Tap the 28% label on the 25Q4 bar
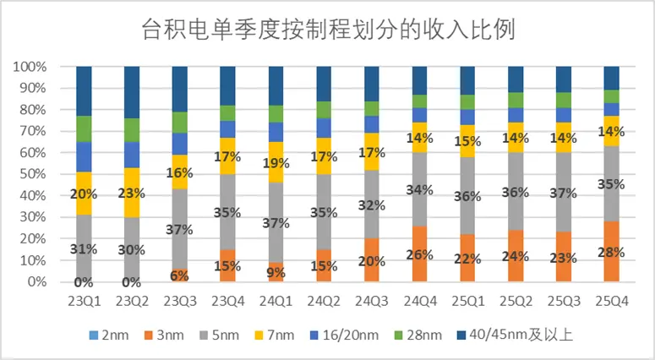611,252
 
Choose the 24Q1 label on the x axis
275,302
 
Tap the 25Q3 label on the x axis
563,302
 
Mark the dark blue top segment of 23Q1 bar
83,90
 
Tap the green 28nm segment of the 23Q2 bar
131,129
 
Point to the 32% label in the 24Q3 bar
371,204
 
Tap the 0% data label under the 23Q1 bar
83,282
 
